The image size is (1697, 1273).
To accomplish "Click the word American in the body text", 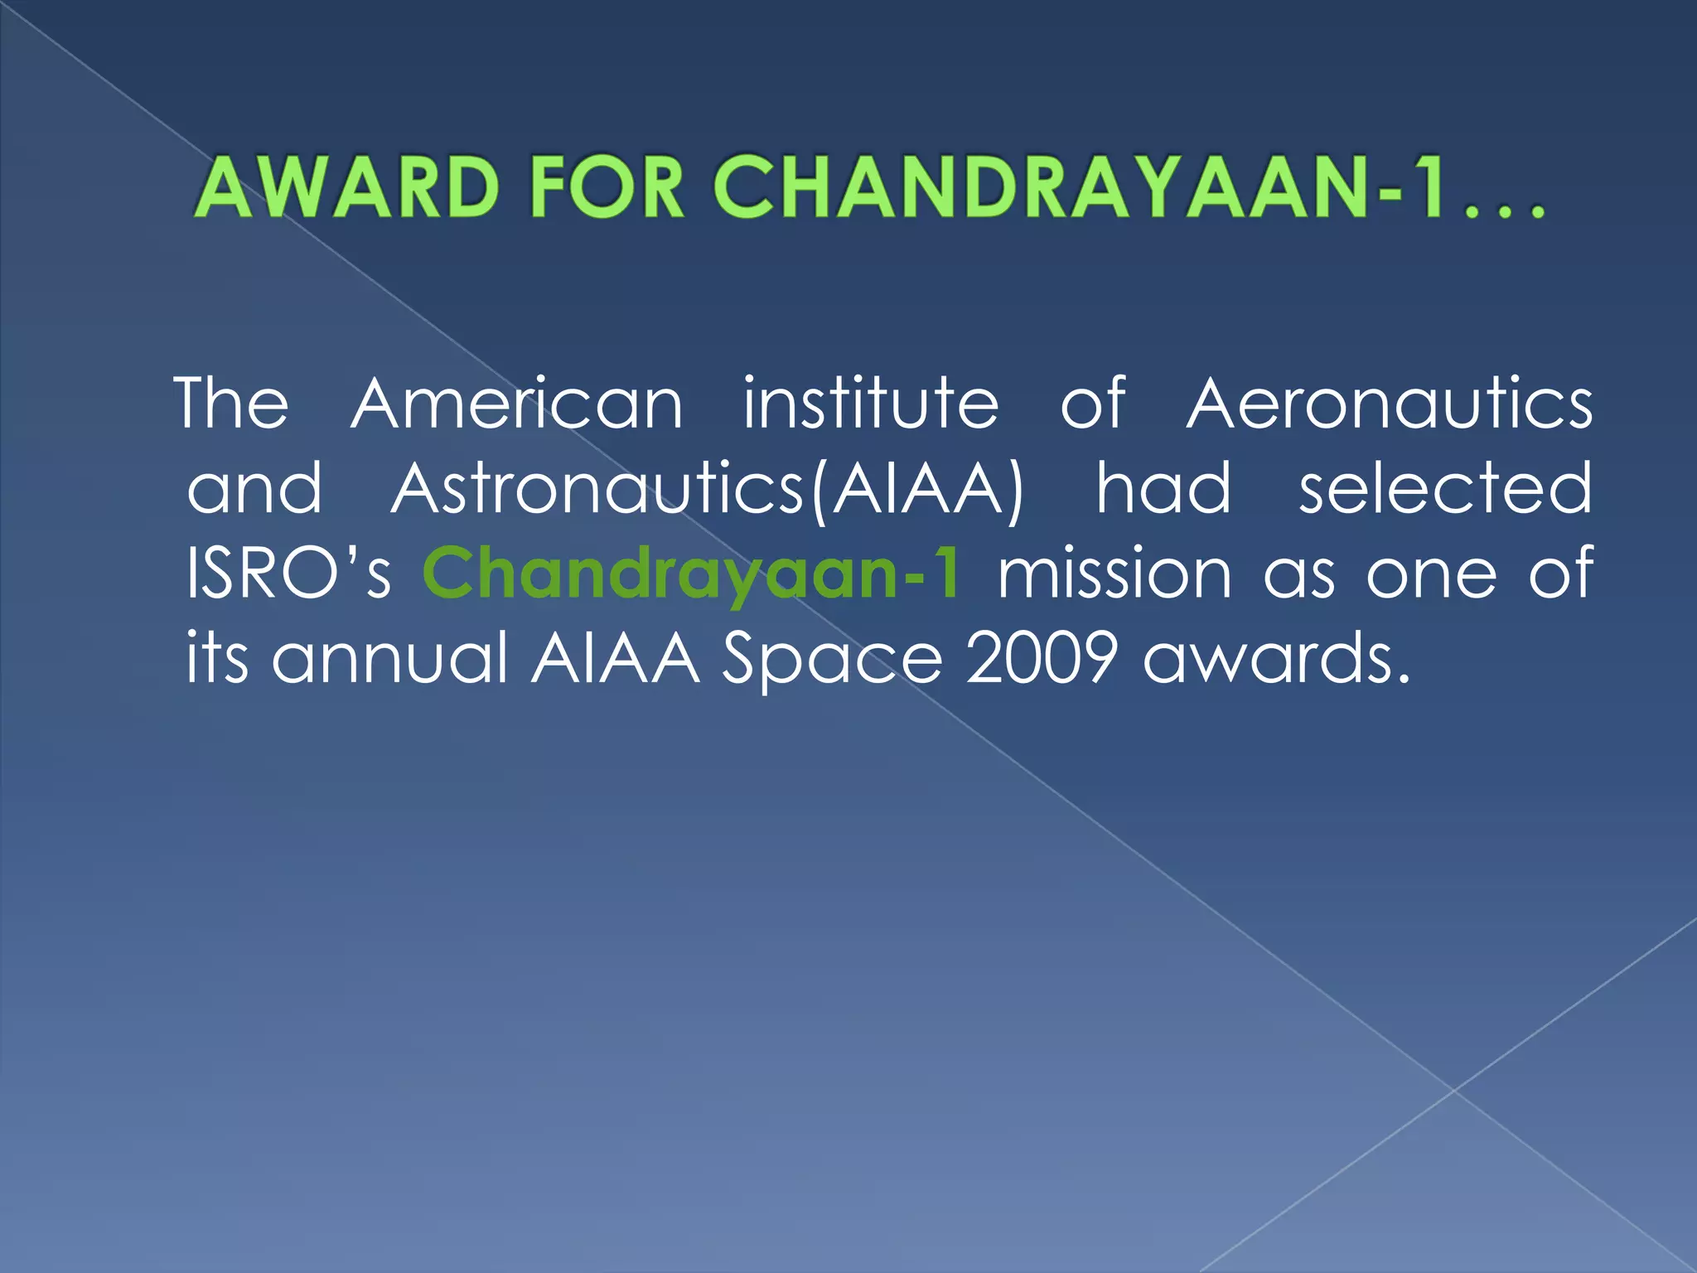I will (517, 404).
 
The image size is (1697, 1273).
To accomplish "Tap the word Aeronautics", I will (1389, 404).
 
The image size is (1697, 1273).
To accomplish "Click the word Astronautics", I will (597, 489).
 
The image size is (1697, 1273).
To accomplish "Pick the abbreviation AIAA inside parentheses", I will (918, 489).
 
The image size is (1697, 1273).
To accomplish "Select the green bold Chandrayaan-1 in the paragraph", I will (692, 574).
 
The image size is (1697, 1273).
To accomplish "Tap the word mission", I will (1114, 574).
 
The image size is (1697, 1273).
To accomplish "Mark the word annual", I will (389, 659).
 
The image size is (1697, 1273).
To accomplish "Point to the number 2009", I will (1042, 659).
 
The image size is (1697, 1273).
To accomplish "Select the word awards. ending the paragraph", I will (1276, 659).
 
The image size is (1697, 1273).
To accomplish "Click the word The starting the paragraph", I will (232, 404).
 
